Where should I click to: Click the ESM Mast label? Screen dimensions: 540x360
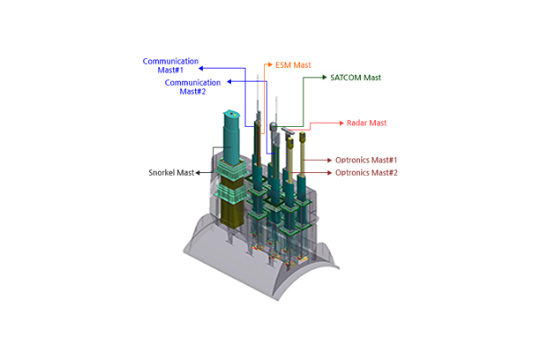pos(293,64)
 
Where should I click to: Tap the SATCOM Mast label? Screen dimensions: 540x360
pos(356,78)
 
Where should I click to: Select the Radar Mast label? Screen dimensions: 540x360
pos(366,123)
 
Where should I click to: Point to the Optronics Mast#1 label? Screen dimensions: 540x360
pos(366,160)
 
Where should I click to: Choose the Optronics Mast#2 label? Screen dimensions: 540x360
pos(366,173)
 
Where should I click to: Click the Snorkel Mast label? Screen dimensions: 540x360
pos(171,173)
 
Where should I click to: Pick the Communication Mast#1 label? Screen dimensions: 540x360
pos(170,65)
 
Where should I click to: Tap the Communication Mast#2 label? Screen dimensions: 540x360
pos(192,86)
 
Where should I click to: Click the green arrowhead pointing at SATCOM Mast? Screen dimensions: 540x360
pos(324,78)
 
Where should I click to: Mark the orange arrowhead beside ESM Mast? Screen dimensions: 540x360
pos(270,64)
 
